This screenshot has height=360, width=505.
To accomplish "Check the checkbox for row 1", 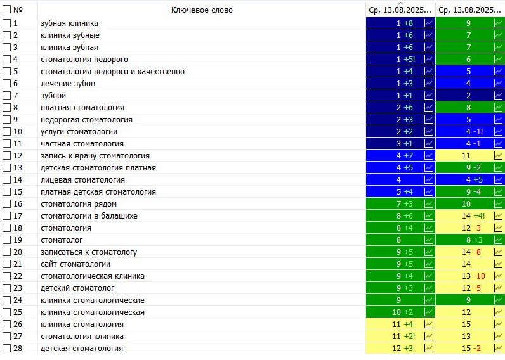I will (7, 23).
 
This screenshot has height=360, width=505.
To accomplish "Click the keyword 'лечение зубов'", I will (68, 83).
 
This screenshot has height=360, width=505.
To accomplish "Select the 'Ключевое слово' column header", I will (202, 10).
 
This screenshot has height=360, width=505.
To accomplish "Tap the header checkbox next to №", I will (7, 10).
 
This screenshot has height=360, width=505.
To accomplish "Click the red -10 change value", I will (479, 276).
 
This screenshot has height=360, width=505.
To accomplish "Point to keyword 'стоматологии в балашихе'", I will (89, 215).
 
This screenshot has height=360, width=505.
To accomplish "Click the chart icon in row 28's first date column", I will (428, 348).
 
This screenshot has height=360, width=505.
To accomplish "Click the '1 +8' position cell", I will (404, 23).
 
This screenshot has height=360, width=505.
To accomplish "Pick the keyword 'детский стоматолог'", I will (77, 288).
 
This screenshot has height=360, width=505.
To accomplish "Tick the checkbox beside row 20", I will (7, 252).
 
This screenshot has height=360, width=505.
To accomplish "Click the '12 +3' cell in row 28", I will (402, 348).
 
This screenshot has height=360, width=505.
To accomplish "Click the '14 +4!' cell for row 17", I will (473, 215).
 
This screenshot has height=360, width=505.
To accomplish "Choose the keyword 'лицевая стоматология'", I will (82, 179).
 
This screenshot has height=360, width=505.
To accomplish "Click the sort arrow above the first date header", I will (400, 3).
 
